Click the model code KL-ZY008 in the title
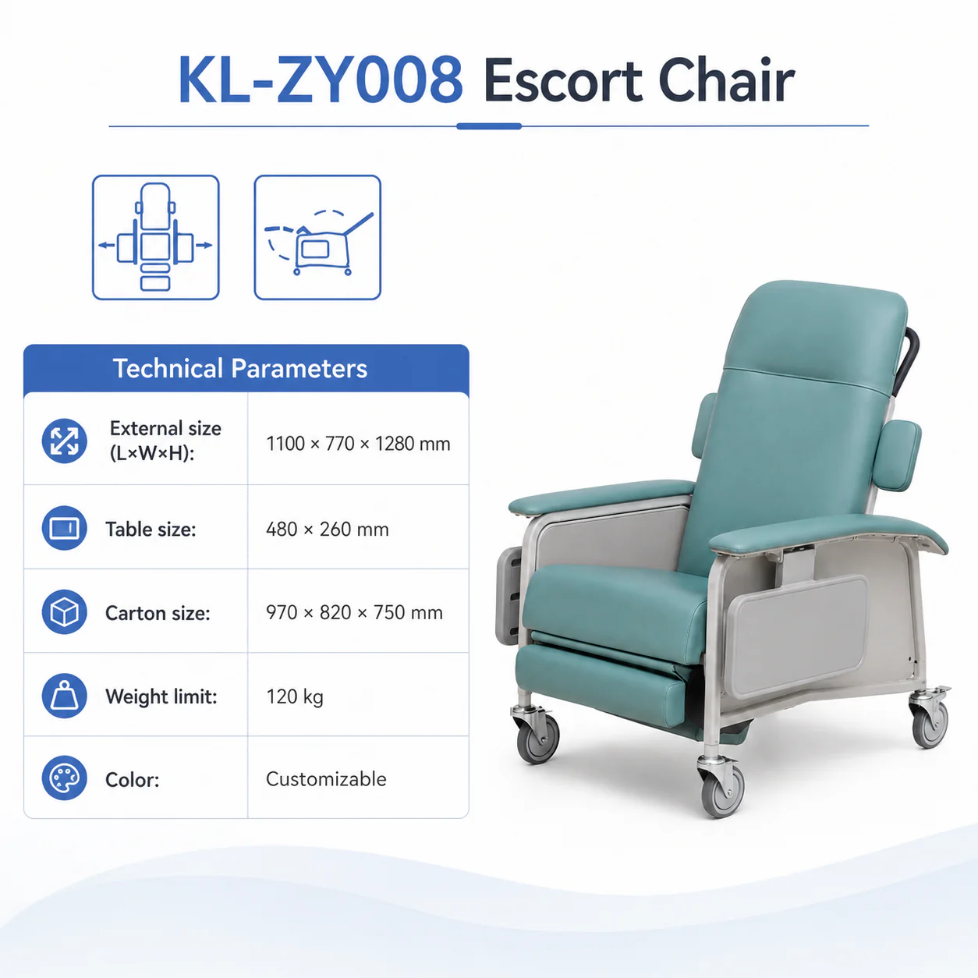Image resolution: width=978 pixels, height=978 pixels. point(321,80)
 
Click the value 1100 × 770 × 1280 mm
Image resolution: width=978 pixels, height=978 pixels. point(358,444)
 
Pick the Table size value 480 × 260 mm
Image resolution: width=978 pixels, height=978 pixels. point(328,530)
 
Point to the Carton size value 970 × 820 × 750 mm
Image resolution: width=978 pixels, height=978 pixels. point(354,612)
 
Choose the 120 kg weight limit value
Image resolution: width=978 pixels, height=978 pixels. point(294,696)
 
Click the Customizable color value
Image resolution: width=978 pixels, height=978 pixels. point(326,779)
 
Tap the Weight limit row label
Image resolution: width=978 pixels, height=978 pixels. point(161,696)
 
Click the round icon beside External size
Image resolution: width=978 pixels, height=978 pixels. point(65,441)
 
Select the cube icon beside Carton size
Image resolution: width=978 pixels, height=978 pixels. point(65,611)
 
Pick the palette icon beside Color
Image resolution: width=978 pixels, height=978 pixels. point(65,778)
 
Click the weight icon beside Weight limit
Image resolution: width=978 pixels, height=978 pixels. point(65,696)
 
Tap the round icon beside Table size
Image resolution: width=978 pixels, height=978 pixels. point(65,528)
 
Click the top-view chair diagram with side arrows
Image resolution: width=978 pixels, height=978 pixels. point(156,238)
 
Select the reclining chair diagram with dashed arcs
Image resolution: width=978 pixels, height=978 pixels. point(317,238)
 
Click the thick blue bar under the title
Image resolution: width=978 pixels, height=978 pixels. point(489,126)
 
